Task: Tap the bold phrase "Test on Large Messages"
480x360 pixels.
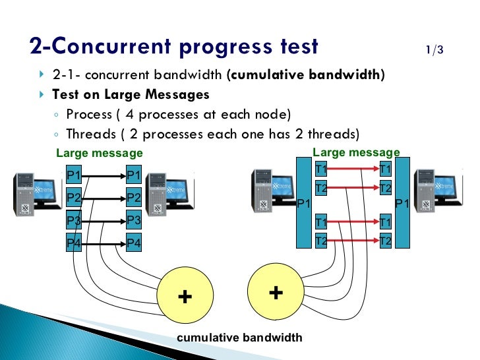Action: coord(131,94)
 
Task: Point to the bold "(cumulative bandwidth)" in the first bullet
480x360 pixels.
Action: coord(305,75)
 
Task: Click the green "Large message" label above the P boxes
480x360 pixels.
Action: coord(100,154)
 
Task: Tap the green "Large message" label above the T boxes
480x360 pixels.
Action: coord(356,153)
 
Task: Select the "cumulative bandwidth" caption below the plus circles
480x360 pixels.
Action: coord(240,338)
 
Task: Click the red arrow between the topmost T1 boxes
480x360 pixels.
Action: coord(353,169)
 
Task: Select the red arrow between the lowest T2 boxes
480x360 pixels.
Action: coord(353,241)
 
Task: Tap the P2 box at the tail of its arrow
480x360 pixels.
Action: coord(75,198)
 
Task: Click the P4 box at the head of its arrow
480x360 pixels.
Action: coord(134,243)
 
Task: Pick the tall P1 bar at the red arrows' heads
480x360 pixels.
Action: coord(402,202)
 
